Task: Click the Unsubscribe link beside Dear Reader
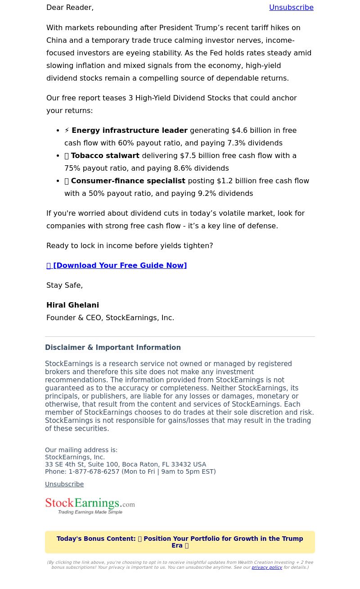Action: [x=291, y=8]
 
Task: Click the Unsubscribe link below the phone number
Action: [x=64, y=484]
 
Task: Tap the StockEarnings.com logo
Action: [x=90, y=506]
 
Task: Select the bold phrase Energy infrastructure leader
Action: [x=130, y=131]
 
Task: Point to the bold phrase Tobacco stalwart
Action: [x=105, y=156]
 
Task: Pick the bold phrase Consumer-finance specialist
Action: [x=128, y=181]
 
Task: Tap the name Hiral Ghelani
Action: [x=72, y=305]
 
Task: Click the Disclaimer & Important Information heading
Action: [x=113, y=348]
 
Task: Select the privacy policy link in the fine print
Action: [x=267, y=567]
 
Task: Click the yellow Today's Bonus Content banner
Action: [x=180, y=542]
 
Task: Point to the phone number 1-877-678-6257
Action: [x=94, y=471]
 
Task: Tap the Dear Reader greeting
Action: [x=70, y=8]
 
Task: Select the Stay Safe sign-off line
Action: [x=64, y=285]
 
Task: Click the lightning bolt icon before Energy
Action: [x=67, y=131]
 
